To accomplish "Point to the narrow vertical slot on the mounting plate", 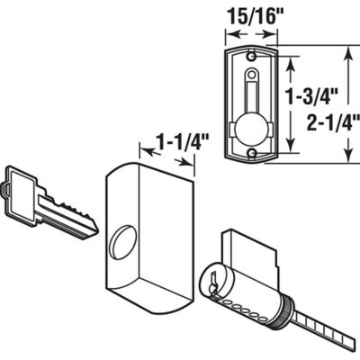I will [x=251, y=94].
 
